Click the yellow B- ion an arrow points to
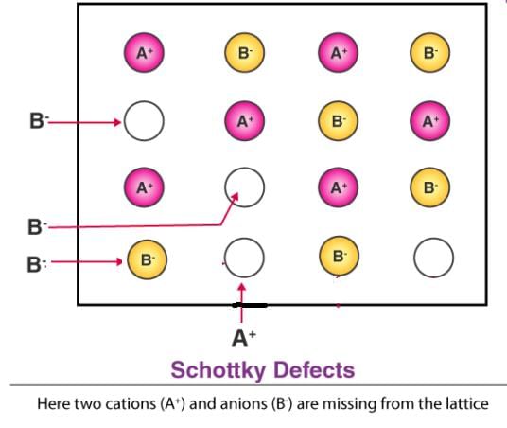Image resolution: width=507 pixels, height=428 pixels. (x=148, y=259)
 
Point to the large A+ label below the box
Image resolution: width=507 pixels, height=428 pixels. (x=244, y=338)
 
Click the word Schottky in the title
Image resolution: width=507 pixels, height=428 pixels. (x=219, y=370)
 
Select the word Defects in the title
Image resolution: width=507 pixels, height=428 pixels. (x=314, y=369)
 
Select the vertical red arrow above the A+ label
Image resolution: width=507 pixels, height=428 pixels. (x=241, y=303)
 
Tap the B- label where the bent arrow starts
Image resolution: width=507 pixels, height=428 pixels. (x=37, y=226)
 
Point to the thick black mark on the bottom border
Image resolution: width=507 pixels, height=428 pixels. (x=250, y=305)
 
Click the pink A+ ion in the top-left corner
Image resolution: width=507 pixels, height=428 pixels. (x=144, y=52)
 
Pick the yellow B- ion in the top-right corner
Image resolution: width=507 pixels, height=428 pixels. (x=429, y=52)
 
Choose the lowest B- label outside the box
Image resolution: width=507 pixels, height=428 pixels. (x=37, y=264)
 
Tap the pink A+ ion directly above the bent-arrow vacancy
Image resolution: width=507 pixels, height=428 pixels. (x=244, y=121)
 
